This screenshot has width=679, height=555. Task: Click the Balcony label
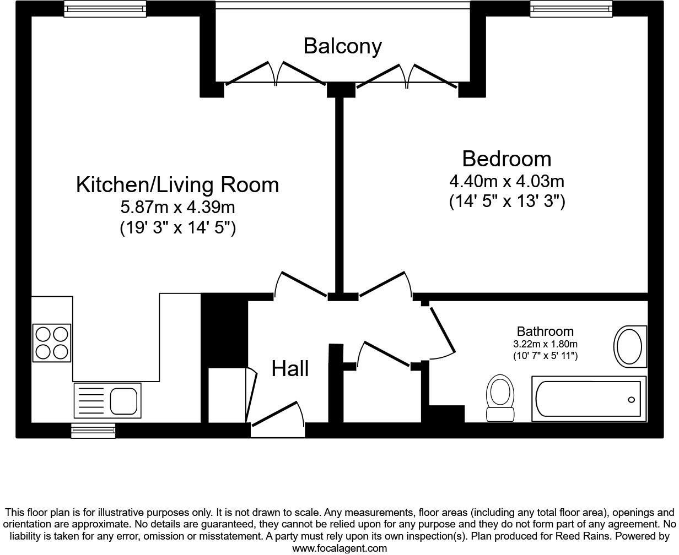(342, 46)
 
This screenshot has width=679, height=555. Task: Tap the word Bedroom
(506, 159)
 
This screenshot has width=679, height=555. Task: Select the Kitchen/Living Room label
(177, 184)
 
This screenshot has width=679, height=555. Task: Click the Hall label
(290, 368)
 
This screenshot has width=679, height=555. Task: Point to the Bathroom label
(545, 331)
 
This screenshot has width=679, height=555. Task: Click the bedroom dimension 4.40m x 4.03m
(506, 181)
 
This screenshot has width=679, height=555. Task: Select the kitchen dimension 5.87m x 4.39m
(177, 207)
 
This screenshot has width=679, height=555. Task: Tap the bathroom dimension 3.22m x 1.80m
(545, 344)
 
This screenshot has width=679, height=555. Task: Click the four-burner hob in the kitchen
(52, 342)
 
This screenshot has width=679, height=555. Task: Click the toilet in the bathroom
(500, 397)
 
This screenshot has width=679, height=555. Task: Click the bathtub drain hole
(631, 400)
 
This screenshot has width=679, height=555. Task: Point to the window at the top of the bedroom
(571, 8)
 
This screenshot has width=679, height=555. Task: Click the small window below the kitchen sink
(93, 430)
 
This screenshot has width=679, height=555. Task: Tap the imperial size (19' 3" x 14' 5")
(177, 227)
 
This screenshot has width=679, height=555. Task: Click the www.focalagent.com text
(339, 548)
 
